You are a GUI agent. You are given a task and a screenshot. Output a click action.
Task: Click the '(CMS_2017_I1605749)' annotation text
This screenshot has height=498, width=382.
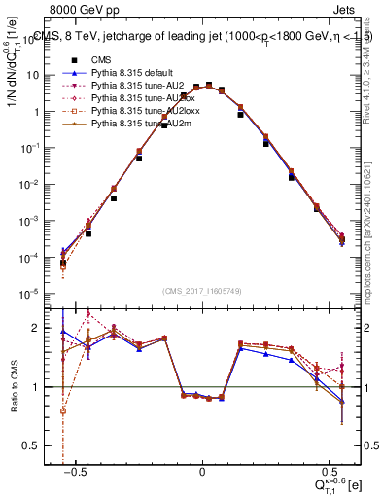click(x=201, y=292)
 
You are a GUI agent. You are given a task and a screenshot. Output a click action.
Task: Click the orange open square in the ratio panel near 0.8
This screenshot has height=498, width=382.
click(x=62, y=410)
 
